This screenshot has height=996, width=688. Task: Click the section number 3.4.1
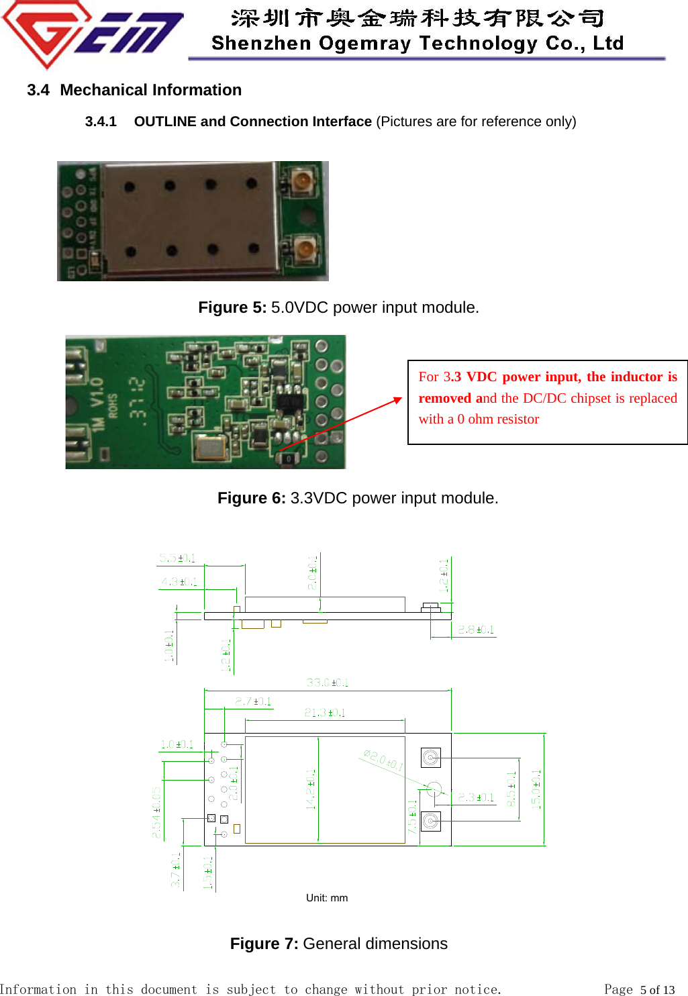coord(101,121)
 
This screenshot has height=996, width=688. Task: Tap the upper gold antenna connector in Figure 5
coord(302,180)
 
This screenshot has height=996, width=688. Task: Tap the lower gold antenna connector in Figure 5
coord(303,249)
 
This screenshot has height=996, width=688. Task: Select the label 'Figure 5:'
coord(232,307)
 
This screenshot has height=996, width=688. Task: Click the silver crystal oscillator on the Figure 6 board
coord(211,446)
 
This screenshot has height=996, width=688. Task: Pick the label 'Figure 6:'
coord(252,498)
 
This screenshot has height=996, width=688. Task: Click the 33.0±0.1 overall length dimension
coord(328,683)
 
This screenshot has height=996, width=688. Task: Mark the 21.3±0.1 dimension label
coord(325,713)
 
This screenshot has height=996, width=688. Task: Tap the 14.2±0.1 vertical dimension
coord(311,789)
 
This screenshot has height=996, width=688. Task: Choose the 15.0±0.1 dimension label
coord(536,789)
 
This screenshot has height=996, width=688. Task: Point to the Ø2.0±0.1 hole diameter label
coord(383,760)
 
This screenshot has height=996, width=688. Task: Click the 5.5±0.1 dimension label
coord(177,558)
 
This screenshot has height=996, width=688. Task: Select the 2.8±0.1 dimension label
coord(476,630)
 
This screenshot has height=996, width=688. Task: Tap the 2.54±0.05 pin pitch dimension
coord(156,812)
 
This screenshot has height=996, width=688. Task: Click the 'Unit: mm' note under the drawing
coord(327,898)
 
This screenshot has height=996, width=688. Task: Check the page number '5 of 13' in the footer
coord(657,989)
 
